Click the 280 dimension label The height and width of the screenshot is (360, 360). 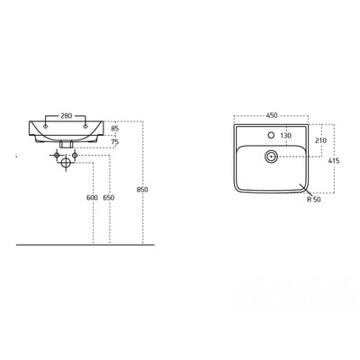[66, 116]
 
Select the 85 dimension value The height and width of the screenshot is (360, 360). [115, 129]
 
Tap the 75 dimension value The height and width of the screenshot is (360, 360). [115, 141]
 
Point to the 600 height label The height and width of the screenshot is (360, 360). [92, 198]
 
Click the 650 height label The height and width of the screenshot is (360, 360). [108, 198]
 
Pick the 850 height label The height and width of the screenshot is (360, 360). [142, 190]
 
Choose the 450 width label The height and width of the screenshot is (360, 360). [272, 115]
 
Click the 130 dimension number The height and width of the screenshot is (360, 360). [285, 136]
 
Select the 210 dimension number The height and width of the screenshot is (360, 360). [321, 140]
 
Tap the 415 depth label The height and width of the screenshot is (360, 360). [334, 161]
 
